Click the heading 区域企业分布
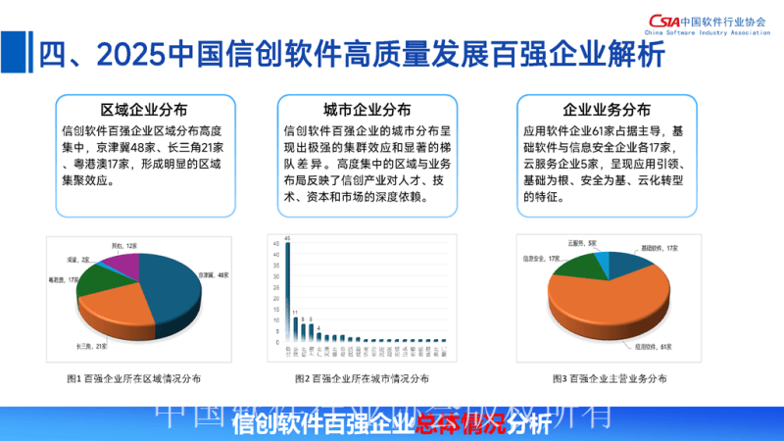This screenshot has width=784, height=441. tap(144, 109)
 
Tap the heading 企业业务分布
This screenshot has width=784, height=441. tap(606, 109)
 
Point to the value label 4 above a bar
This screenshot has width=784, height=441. tap(319, 328)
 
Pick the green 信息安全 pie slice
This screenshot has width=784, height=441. tap(576, 265)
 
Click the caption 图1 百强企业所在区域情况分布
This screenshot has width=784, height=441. tap(133, 378)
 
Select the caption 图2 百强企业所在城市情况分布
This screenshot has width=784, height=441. tap(362, 378)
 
